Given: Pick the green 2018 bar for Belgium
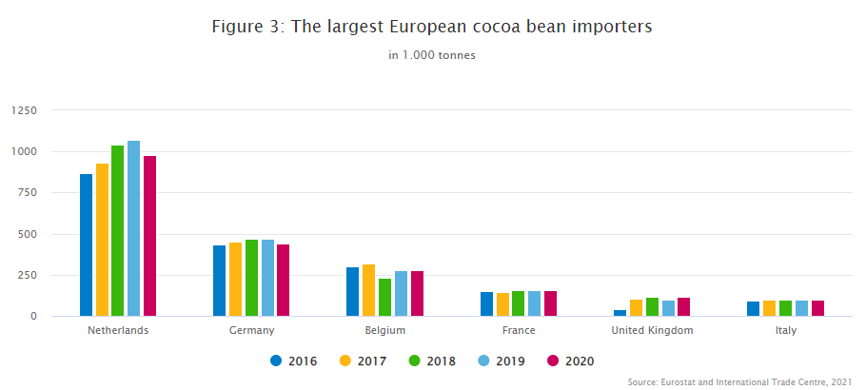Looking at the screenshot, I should [384, 297].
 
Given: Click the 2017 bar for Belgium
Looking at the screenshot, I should [368, 290].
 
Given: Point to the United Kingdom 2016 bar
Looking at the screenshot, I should [620, 312].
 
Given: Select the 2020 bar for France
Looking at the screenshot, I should [550, 303].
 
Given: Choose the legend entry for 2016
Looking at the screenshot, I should [294, 361].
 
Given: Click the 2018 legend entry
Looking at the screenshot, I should [432, 361].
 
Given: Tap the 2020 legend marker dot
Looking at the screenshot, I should [553, 361].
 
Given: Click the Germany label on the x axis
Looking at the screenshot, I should [251, 330].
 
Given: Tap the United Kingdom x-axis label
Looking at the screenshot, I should [652, 330].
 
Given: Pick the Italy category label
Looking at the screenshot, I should [785, 330].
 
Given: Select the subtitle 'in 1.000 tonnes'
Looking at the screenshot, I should [432, 55].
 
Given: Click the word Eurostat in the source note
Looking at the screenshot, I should [688, 381].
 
